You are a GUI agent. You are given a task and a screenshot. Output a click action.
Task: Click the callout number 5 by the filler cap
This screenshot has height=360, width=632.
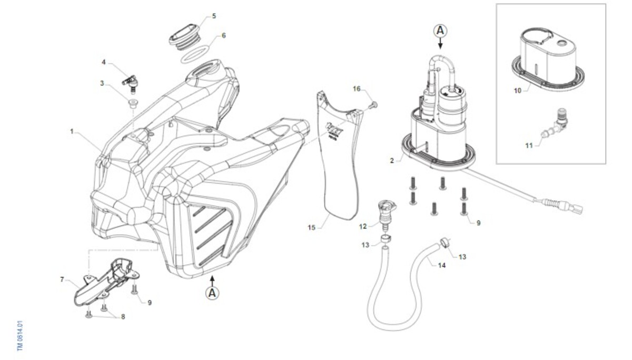pos(214,16)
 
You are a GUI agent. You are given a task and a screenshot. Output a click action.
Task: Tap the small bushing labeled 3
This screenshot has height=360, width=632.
pos(132,104)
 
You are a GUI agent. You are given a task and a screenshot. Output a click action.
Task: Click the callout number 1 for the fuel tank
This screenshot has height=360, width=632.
pos(72,132)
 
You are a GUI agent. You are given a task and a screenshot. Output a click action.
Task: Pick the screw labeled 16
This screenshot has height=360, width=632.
pos(373,105)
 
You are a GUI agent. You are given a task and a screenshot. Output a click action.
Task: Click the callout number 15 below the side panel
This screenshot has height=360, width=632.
pos(311,227)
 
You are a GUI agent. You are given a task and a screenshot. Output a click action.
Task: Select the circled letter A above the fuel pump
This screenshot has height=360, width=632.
pos(440,31)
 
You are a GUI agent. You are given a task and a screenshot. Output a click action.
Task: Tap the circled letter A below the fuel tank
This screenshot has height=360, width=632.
pos(212,293)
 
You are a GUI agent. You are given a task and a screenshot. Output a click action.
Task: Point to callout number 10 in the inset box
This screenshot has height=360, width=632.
pos(517,91)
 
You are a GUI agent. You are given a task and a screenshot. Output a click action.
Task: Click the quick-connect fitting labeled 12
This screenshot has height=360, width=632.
pos(386,215)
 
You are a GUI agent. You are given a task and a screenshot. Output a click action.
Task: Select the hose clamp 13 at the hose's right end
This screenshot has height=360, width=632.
pos(445,243)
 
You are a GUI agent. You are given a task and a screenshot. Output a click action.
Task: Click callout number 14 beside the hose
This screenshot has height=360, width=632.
pos(441,266)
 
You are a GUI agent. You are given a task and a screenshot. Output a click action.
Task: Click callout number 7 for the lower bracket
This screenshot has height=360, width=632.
pos(62,279)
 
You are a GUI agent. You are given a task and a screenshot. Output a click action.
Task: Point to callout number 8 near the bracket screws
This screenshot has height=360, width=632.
pos(123,317)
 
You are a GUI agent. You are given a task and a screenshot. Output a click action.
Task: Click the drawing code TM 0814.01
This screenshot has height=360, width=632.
pos(20,335)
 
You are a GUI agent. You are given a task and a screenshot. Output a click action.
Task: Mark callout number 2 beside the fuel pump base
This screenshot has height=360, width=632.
pos(392,161)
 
